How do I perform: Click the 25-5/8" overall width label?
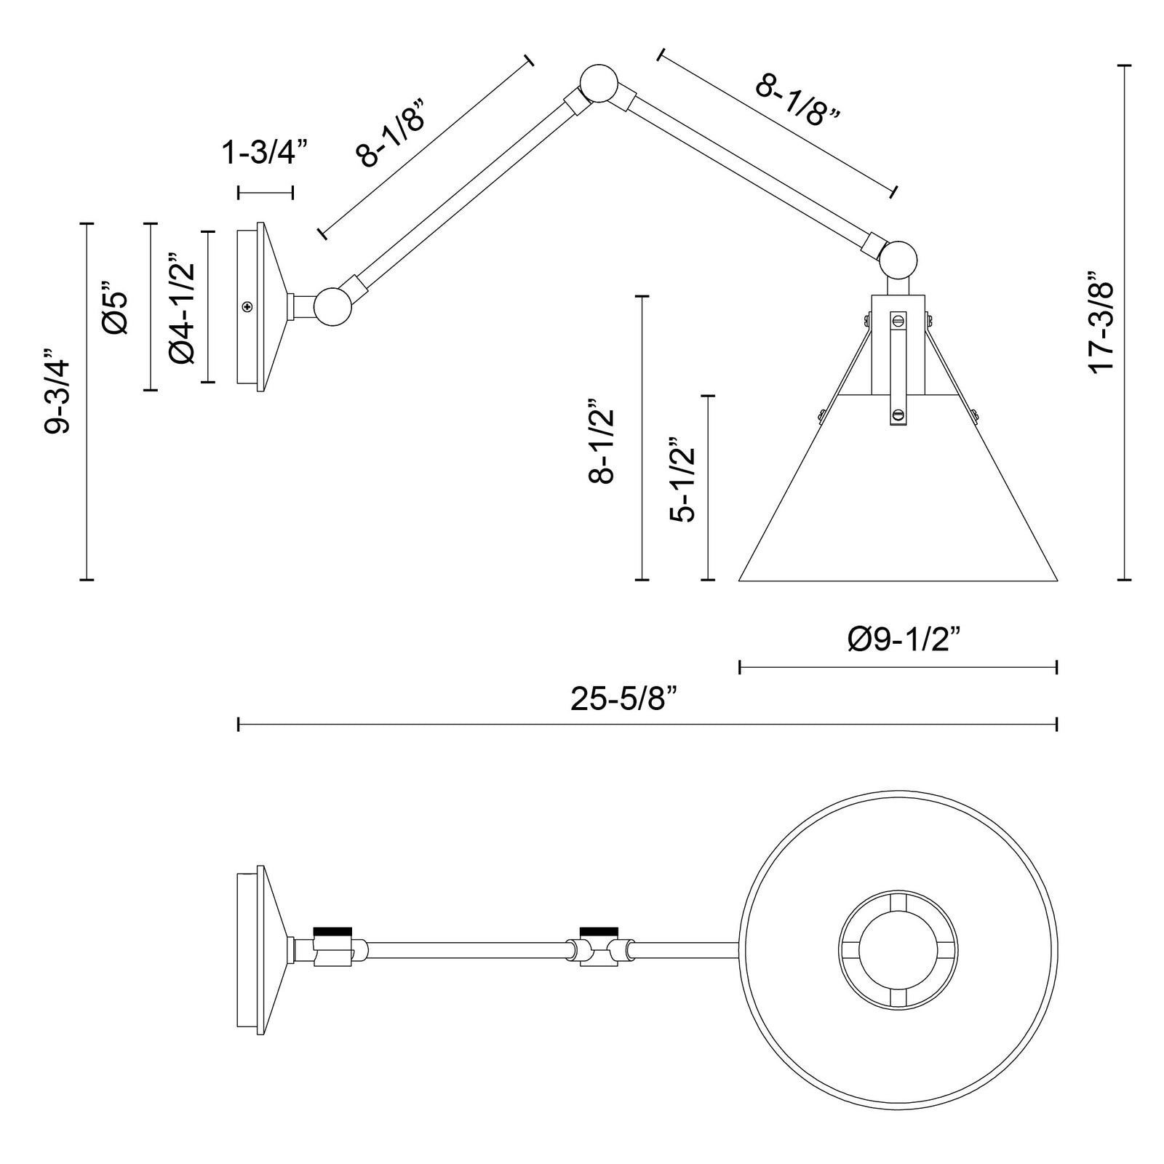[x=623, y=700]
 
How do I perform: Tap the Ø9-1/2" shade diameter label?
[x=904, y=640]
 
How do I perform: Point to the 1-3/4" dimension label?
[x=265, y=154]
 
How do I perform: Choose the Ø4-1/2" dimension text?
[x=182, y=308]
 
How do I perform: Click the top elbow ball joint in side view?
[x=599, y=83]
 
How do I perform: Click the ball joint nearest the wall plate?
[x=333, y=306]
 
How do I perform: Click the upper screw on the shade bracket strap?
[x=898, y=319]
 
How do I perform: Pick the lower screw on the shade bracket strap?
[x=898, y=415]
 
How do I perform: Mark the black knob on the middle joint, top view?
[x=598, y=930]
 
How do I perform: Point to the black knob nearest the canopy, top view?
[x=332, y=930]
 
